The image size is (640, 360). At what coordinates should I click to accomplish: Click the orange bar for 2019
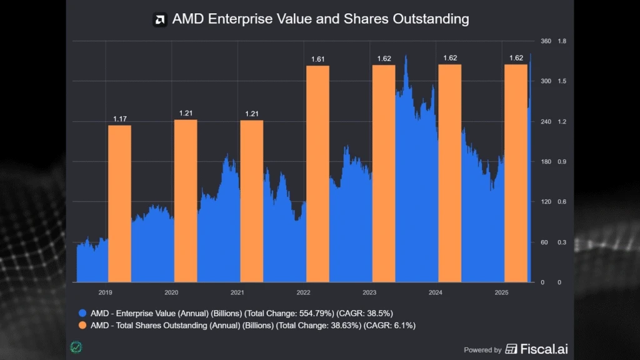tap(119, 203)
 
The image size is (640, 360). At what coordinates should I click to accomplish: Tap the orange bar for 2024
tap(449, 173)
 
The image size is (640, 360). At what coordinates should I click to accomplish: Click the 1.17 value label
tap(120, 119)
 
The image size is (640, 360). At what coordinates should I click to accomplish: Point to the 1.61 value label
tap(318, 59)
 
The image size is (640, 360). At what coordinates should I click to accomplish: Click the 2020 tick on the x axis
tap(171, 292)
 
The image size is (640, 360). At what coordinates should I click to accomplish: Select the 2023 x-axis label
tap(369, 292)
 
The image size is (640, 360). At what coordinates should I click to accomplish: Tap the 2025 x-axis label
tap(501, 292)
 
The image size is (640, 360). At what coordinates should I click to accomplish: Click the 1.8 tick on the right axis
tap(562, 41)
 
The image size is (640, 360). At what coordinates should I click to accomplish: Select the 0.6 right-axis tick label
tap(562, 202)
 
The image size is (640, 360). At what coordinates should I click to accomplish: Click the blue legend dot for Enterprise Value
tap(82, 313)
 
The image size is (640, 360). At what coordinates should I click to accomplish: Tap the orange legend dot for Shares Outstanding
tap(82, 326)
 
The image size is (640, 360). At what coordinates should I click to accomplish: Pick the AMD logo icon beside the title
tap(160, 19)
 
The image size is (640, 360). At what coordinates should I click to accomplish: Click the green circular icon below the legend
tap(77, 347)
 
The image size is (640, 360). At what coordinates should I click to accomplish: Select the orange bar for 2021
tap(251, 201)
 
